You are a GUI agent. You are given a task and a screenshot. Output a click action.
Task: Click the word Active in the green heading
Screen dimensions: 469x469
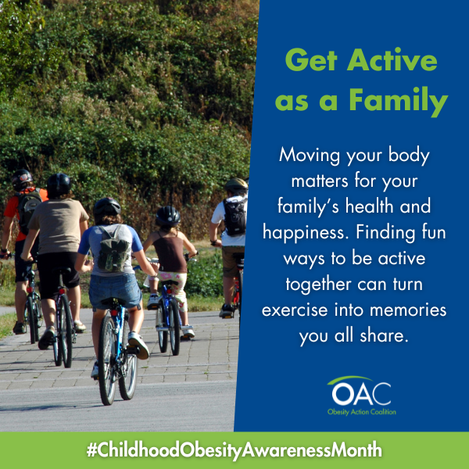click(392, 60)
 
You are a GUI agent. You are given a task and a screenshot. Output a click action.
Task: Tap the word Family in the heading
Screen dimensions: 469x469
click(399, 101)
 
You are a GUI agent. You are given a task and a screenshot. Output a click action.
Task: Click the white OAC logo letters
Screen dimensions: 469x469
click(361, 393)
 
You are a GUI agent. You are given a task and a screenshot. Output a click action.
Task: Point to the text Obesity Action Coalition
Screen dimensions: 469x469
click(362, 412)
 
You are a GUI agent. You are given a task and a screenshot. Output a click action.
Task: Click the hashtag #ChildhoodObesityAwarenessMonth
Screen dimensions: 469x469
click(234, 450)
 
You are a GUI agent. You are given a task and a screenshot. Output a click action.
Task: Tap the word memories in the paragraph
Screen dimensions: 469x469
click(408, 310)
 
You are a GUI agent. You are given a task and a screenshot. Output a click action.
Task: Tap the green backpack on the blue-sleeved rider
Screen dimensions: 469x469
click(113, 249)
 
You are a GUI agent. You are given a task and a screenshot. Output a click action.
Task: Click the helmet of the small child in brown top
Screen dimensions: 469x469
click(168, 216)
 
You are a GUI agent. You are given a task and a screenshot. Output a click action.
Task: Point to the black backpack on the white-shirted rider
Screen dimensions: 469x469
click(235, 216)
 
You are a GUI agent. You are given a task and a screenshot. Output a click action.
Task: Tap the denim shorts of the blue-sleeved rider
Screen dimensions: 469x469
click(115, 292)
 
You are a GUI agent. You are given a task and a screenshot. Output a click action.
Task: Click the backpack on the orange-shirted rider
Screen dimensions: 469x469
click(27, 209)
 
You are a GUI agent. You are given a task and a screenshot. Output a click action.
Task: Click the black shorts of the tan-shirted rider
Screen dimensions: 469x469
click(58, 274)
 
